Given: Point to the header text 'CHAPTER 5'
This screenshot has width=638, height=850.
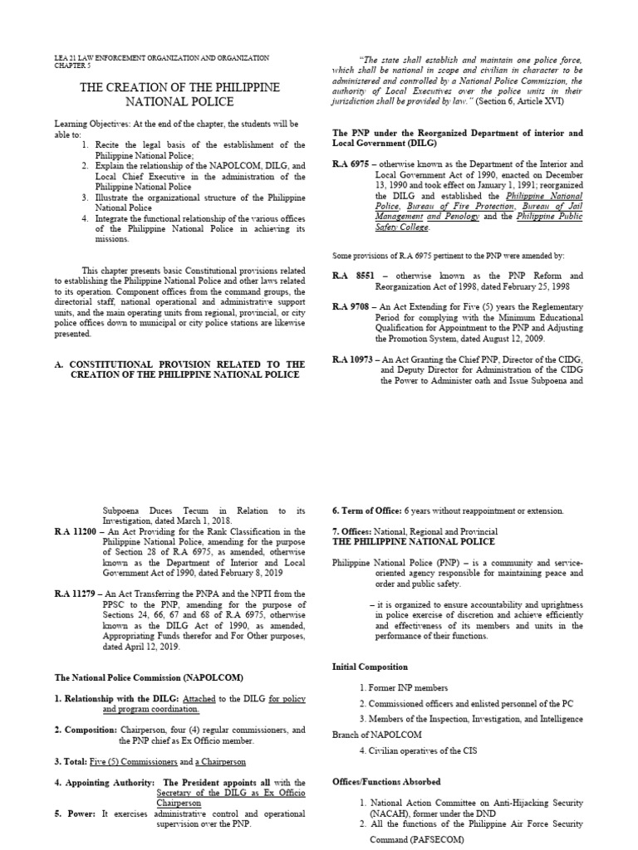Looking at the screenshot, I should (70, 66).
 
